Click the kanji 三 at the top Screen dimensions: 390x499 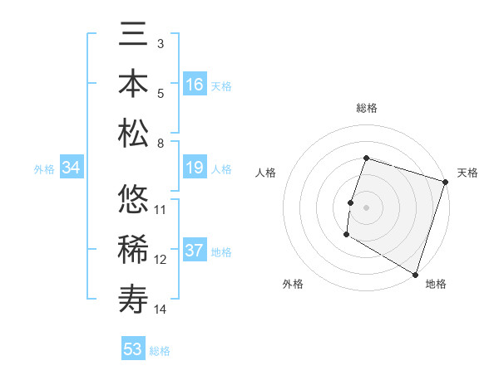point(134,37)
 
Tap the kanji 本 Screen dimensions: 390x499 point(134,84)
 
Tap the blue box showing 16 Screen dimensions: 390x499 point(195,85)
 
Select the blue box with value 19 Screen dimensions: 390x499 point(195,168)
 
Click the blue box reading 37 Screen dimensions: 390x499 point(195,251)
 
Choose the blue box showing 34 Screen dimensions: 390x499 point(72,168)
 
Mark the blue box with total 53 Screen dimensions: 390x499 point(133,349)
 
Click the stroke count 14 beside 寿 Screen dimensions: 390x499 point(161,310)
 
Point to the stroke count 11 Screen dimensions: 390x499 point(161,209)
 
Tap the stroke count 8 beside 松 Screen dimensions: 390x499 point(161,144)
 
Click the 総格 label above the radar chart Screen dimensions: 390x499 point(367,108)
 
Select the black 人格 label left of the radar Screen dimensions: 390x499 point(265,173)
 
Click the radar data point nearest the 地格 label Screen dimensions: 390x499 point(415,274)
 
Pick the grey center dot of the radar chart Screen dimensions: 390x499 point(366,207)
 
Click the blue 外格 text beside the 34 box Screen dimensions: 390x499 point(44,168)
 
